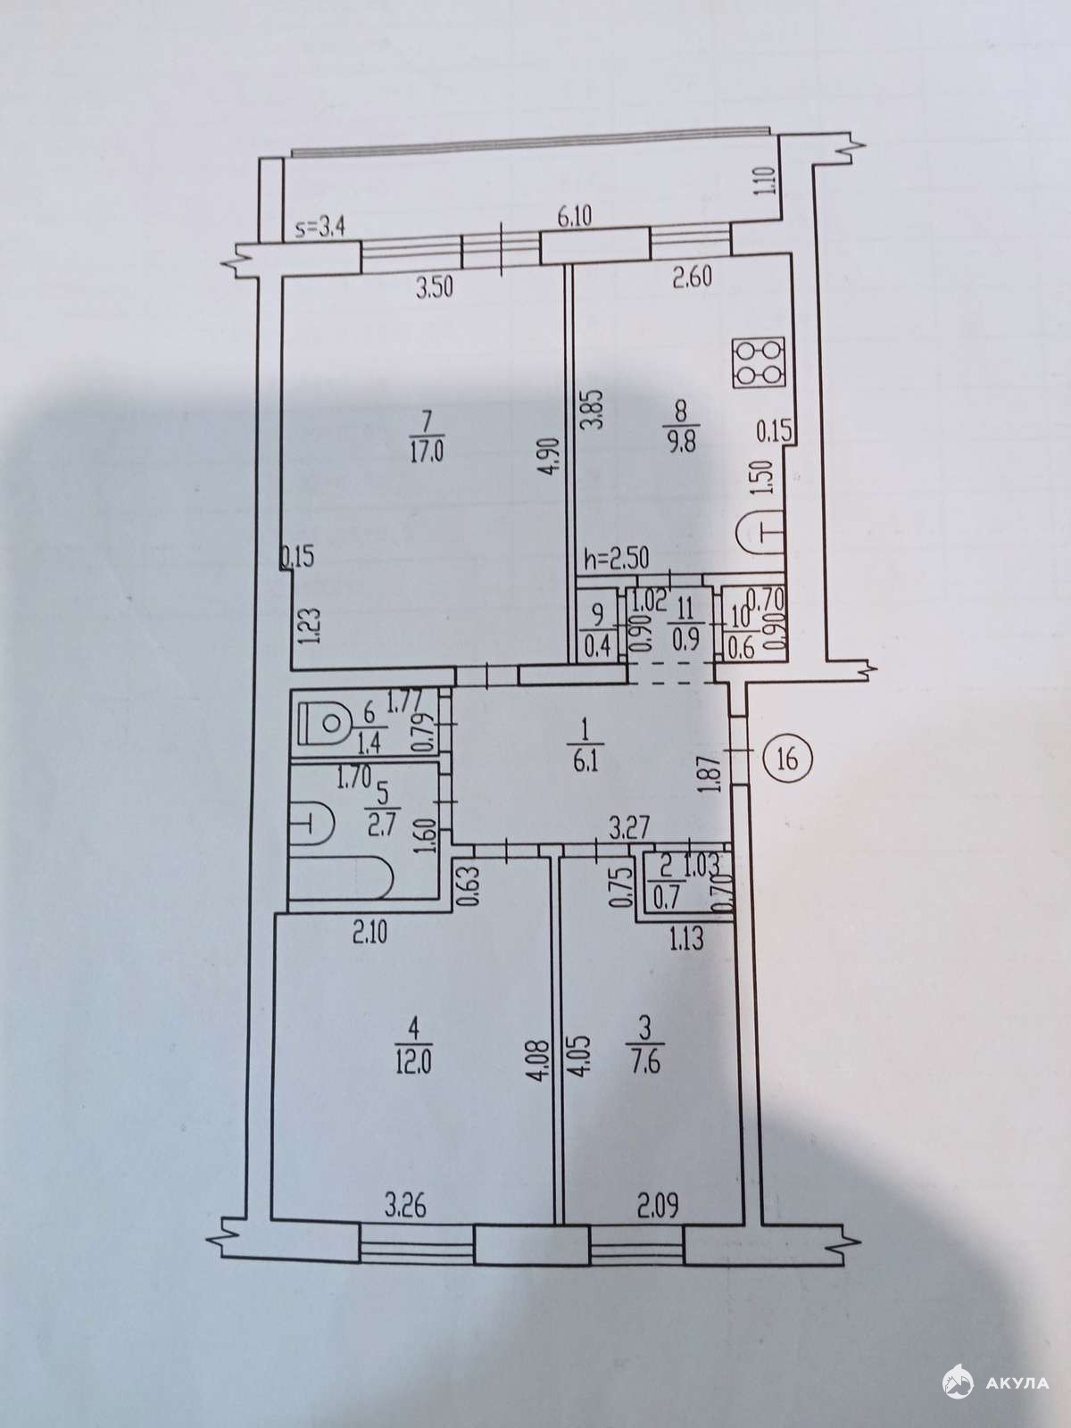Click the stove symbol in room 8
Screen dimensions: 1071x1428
coord(758,362)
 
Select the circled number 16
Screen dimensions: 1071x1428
coord(787,758)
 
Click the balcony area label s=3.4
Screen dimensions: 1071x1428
coord(320,228)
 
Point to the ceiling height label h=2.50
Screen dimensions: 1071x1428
coord(616,559)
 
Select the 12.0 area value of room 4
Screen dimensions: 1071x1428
coord(413,1066)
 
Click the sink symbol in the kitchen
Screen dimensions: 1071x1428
coord(760,535)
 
